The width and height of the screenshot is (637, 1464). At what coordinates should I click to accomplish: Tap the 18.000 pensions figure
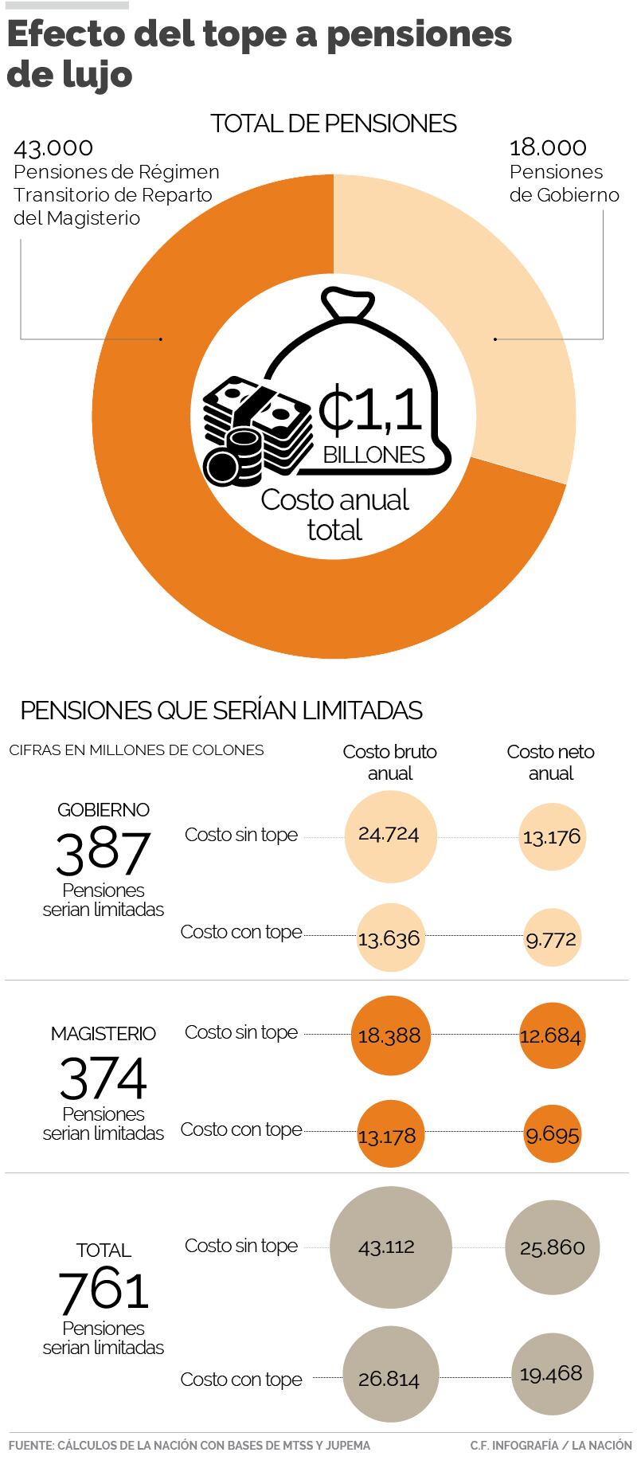pyautogui.click(x=548, y=148)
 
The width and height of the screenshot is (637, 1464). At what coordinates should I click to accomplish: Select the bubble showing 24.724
pyautogui.click(x=390, y=836)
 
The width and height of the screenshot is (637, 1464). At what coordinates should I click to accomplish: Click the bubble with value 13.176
pyautogui.click(x=552, y=837)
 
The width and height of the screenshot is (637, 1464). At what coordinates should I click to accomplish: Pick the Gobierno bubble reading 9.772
pyautogui.click(x=551, y=939)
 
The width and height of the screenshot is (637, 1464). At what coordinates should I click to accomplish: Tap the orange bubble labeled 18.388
pyautogui.click(x=390, y=1036)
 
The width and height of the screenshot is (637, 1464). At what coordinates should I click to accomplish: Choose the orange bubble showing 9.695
pyautogui.click(x=553, y=1133)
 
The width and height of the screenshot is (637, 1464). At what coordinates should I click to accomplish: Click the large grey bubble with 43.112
pyautogui.click(x=387, y=1247)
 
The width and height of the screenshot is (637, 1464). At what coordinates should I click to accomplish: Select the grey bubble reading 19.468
pyautogui.click(x=551, y=1374)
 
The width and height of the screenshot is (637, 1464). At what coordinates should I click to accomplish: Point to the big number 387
pyautogui.click(x=103, y=851)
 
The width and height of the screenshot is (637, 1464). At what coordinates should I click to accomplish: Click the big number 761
pyautogui.click(x=104, y=1290)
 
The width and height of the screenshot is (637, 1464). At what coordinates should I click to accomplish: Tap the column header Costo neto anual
pyautogui.click(x=551, y=762)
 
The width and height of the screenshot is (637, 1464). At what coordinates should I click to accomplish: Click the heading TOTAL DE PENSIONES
pyautogui.click(x=334, y=124)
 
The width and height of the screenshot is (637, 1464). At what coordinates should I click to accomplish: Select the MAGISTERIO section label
pyautogui.click(x=104, y=1034)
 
